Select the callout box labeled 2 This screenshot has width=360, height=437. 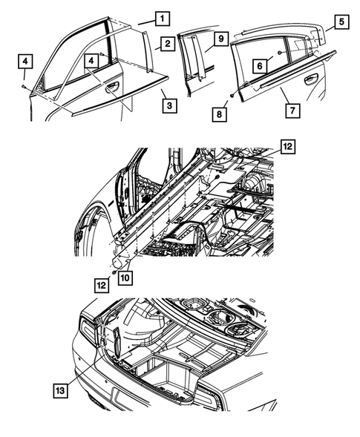tap(169, 45)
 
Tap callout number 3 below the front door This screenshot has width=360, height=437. tap(170, 106)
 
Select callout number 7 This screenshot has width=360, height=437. tap(293, 111)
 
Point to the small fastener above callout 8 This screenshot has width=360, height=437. tap(232, 97)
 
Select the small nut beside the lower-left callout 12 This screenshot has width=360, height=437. tap(112, 273)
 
